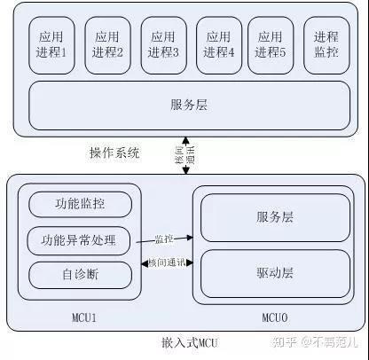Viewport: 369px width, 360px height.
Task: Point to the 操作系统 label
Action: click(114, 153)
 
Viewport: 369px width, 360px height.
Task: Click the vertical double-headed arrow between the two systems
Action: click(185, 154)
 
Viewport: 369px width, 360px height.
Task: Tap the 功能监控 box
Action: click(80, 203)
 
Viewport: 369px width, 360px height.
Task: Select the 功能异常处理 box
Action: click(80, 239)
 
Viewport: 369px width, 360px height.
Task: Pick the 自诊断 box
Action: click(80, 273)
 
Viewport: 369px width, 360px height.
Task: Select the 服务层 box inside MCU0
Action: click(274, 217)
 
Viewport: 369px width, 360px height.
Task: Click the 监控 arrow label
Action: click(164, 238)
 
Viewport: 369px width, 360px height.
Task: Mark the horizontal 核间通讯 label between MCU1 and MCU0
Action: click(167, 264)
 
